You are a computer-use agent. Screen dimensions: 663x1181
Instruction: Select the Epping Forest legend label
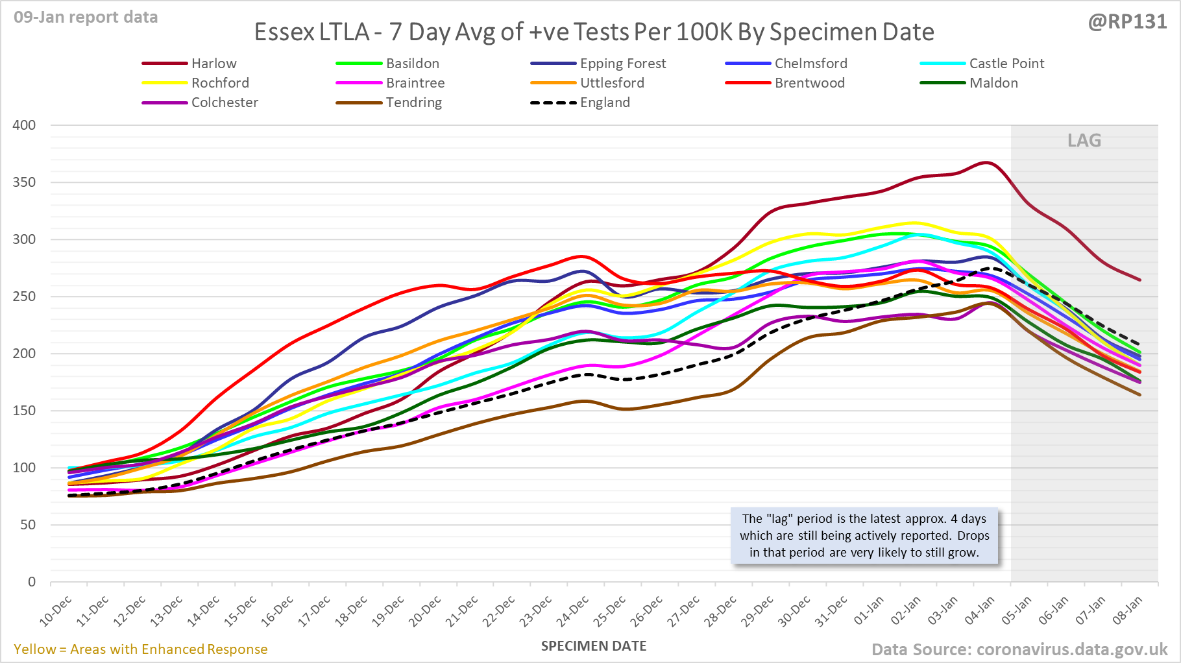point(622,64)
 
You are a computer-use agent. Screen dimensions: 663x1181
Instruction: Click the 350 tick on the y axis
point(24,182)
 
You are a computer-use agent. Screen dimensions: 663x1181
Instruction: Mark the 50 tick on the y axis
point(28,525)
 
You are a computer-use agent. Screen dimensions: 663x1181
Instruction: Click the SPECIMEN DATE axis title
point(594,646)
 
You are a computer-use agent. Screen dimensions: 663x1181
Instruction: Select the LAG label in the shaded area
point(1084,141)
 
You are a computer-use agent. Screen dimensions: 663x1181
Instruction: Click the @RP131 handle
point(1127,22)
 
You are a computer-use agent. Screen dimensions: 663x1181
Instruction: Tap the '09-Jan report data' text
point(86,18)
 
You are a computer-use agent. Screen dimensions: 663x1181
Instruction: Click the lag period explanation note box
point(864,536)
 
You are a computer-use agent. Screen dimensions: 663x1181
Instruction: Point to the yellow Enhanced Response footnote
point(140,649)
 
